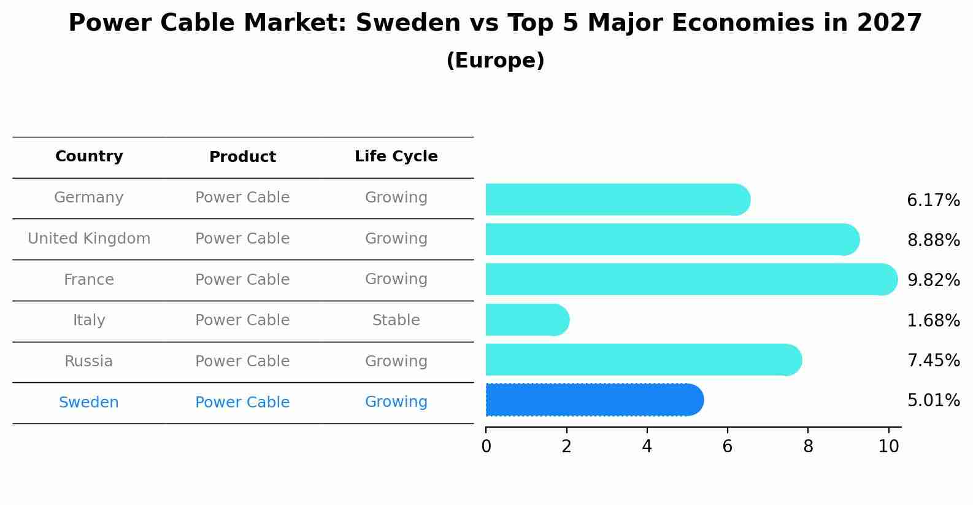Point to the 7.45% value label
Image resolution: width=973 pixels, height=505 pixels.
(933, 361)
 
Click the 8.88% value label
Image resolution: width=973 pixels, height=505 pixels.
(933, 241)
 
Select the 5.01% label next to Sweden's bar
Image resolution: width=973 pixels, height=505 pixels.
(933, 401)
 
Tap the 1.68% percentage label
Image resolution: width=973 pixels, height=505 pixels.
(933, 320)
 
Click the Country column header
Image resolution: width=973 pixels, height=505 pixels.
(89, 156)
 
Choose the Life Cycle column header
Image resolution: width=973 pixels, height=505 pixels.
(396, 156)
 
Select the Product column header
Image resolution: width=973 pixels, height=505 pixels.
(242, 157)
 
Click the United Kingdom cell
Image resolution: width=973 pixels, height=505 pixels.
(89, 239)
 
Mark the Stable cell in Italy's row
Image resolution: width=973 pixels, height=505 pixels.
(396, 320)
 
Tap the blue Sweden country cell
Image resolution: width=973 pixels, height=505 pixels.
(89, 403)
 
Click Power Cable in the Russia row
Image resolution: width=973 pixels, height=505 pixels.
(242, 361)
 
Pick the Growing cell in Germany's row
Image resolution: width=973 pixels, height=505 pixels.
(396, 198)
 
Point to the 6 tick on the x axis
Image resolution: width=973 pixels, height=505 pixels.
(727, 447)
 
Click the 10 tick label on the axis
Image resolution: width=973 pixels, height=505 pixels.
(888, 447)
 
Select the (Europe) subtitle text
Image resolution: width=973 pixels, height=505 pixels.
(495, 61)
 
